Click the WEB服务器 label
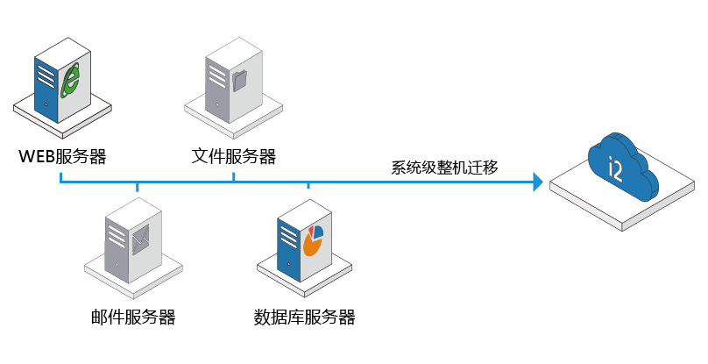pos(62,156)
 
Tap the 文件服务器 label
pos(233,156)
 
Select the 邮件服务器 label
pos(133,317)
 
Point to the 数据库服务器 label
pos(304,317)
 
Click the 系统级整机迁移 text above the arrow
pos(444,168)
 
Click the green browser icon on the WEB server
pos(71,81)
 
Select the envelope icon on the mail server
pos(141,239)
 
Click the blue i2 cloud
pos(622,167)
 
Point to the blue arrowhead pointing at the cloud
pos(538,182)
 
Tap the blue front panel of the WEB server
pos(46,89)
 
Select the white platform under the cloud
pos(622,196)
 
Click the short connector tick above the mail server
pos(138,187)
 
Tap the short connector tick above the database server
pos(308,185)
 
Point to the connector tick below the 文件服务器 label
pos(233,176)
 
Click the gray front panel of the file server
pos(217,89)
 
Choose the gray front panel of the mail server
pos(117,249)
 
